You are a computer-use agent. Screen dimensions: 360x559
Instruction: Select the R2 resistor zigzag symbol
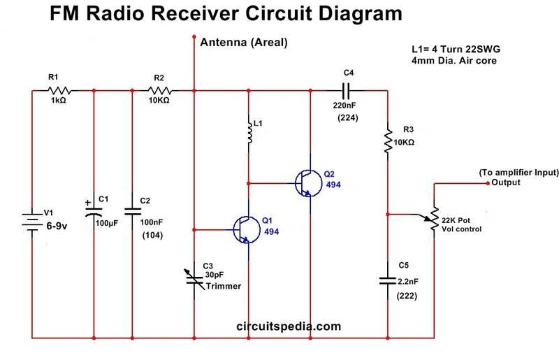[163, 90]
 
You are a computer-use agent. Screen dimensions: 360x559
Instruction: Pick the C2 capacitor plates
[133, 211]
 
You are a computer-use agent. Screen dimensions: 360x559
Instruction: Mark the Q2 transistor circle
[308, 184]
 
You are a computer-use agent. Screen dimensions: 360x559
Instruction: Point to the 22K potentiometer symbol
[434, 217]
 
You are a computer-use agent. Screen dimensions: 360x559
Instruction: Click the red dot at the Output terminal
[488, 183]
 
